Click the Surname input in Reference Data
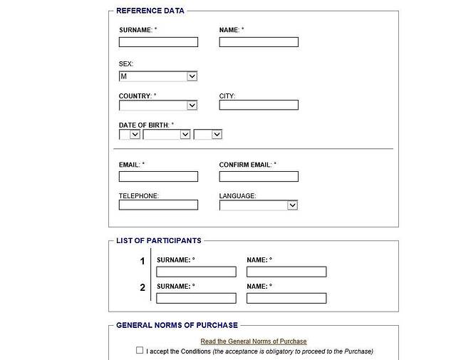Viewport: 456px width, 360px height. click(158, 42)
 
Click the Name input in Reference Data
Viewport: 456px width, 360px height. click(259, 42)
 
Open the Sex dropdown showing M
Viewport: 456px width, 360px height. click(158, 76)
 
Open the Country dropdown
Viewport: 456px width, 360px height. click(158, 106)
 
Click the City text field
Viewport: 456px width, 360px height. click(259, 106)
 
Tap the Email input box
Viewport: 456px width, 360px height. click(158, 176)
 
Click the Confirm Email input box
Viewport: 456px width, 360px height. click(259, 176)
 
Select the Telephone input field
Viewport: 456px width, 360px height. click(158, 205)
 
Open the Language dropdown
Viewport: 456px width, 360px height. click(259, 205)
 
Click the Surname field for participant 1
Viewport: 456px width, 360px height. click(196, 272)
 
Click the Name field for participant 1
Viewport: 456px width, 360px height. click(286, 272)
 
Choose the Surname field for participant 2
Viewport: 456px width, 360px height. click(196, 298)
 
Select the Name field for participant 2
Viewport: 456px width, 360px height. click(286, 298)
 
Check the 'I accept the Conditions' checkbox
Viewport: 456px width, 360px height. click(140, 351)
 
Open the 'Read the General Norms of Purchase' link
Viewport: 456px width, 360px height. click(254, 341)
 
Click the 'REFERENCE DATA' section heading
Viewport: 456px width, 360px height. click(150, 11)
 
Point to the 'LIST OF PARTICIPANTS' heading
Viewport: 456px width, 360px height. click(159, 241)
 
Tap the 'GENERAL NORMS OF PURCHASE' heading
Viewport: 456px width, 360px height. click(177, 325)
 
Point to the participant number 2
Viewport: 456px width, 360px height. click(142, 287)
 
